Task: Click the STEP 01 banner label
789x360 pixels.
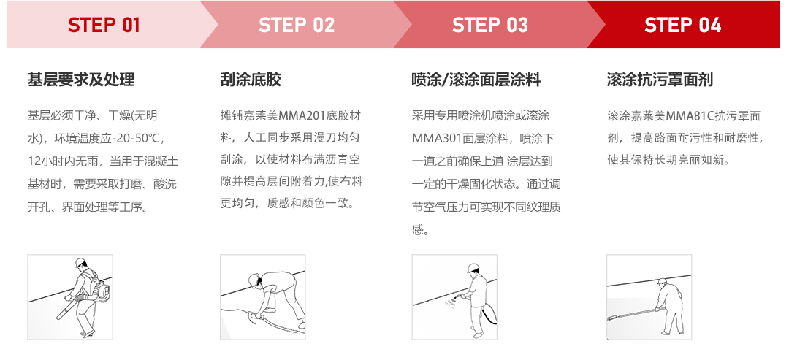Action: pos(104,25)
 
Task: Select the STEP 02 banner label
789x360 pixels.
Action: pos(297,25)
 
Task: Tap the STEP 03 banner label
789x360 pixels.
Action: pos(490,25)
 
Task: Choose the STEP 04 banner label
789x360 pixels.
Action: pos(683,25)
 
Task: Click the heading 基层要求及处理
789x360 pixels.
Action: pos(81,80)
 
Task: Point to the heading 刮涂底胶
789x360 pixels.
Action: pos(251,80)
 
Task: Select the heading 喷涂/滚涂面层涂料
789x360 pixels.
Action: pos(476,80)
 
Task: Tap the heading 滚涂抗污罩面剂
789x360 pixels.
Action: pos(660,80)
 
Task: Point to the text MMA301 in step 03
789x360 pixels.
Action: pos(437,137)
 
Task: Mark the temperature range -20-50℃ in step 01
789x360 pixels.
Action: pos(137,137)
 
